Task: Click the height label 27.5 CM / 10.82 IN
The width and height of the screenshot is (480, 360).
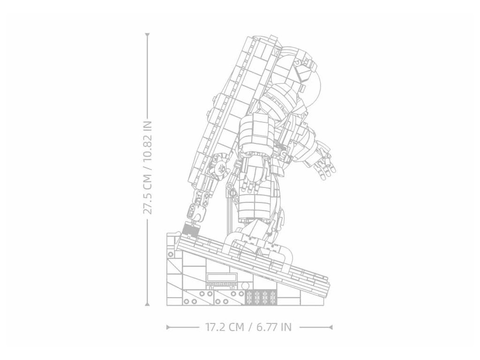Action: coord(148,167)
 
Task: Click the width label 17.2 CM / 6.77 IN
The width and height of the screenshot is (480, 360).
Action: coord(248,327)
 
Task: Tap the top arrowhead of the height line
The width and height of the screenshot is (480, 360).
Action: coord(147,35)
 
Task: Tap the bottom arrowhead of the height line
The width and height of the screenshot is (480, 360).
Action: coord(147,304)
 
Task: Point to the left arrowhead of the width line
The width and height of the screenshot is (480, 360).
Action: coord(168,327)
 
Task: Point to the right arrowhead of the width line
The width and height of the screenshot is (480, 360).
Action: coord(330,327)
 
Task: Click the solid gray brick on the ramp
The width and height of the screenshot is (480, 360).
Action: coord(190,229)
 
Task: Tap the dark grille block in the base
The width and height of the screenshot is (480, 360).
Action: coord(262,297)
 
